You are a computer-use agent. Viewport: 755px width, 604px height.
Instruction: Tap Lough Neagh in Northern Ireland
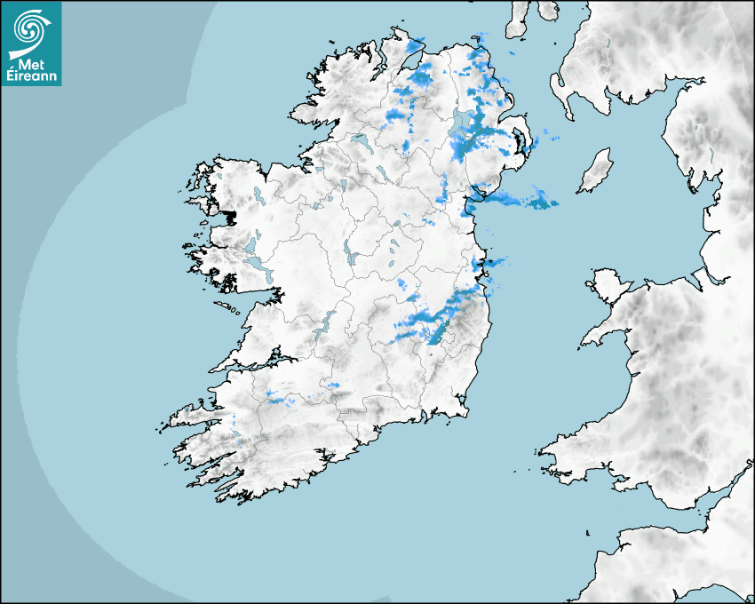tap(462, 124)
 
